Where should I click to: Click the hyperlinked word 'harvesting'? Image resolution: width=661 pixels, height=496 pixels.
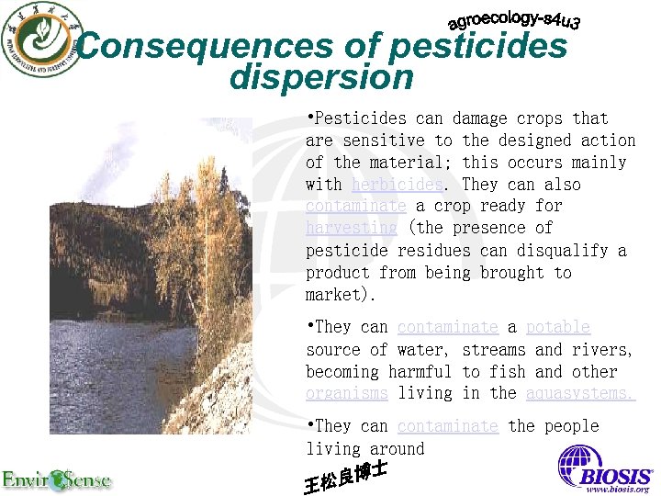coord(352,228)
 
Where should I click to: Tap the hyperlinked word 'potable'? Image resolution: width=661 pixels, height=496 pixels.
coord(558,327)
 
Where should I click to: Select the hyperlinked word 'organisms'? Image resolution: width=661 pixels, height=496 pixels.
coord(347,393)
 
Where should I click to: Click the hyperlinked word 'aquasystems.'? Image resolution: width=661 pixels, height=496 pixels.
coord(580,393)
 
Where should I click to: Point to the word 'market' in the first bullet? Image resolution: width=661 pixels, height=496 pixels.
coord(333,295)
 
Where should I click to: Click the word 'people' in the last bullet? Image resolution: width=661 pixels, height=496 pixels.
coord(567,426)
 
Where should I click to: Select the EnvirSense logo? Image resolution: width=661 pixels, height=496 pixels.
coord(55,479)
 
